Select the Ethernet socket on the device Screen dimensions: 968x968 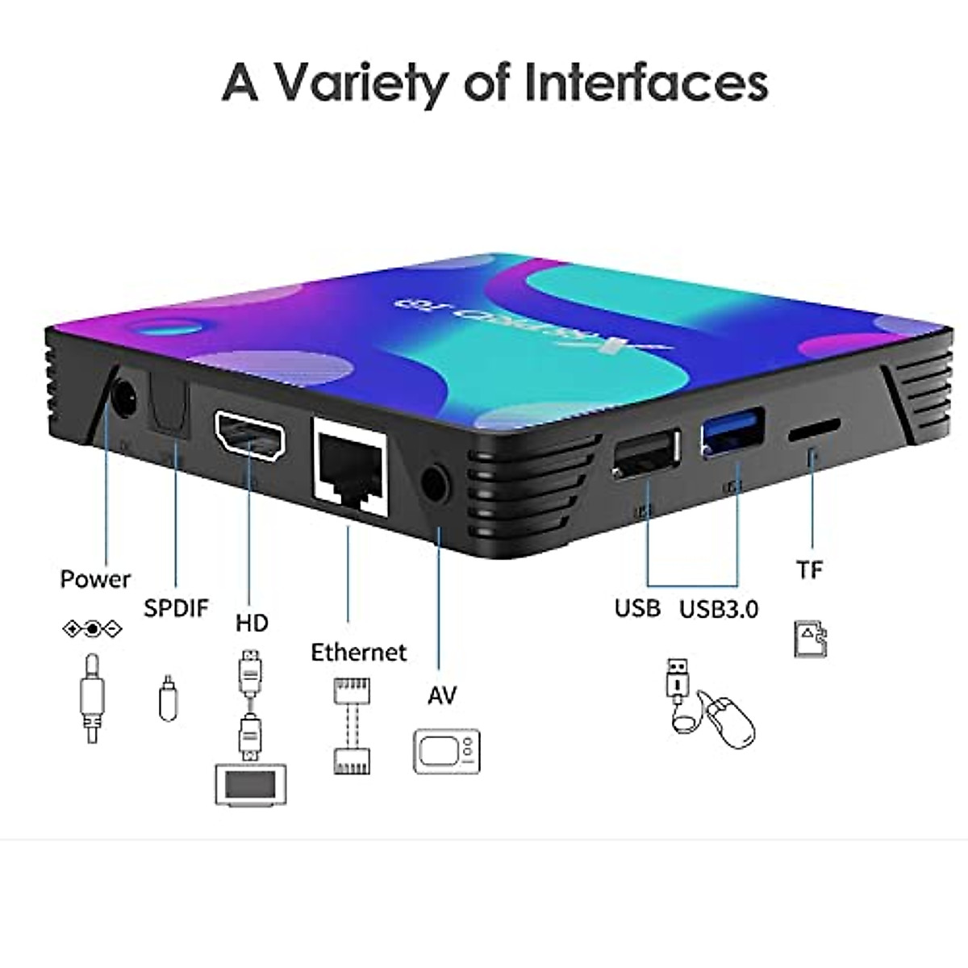(x=350, y=465)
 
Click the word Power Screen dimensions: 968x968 (x=95, y=579)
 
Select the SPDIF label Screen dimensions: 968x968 (x=176, y=607)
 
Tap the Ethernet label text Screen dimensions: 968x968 (x=359, y=652)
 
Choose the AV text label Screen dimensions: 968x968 (x=442, y=695)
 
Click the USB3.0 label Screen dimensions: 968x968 (x=719, y=609)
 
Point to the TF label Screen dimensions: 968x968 (x=810, y=570)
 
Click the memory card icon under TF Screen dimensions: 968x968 (x=811, y=639)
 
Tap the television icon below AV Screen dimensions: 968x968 (x=446, y=752)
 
